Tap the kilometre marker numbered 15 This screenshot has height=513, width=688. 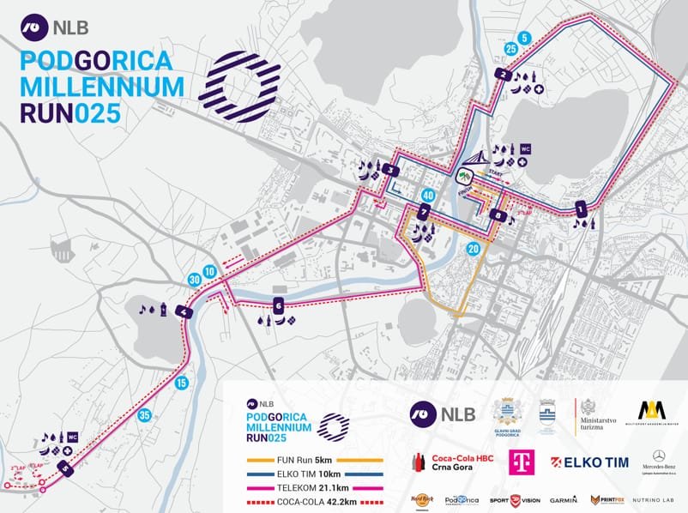pyautogui.click(x=181, y=383)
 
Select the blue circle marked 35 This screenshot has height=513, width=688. pyautogui.click(x=145, y=416)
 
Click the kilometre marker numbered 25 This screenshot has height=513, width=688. pyautogui.click(x=511, y=50)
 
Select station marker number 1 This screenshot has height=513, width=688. pyautogui.click(x=581, y=207)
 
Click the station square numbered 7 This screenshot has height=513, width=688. pyautogui.click(x=424, y=212)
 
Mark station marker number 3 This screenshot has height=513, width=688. pyautogui.click(x=391, y=170)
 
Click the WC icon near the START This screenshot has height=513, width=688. pyautogui.click(x=526, y=149)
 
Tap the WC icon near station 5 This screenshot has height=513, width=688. pyautogui.click(x=73, y=437)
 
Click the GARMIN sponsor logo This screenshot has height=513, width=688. pyautogui.click(x=564, y=498)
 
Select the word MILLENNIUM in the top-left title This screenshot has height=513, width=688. pyautogui.click(x=102, y=87)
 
